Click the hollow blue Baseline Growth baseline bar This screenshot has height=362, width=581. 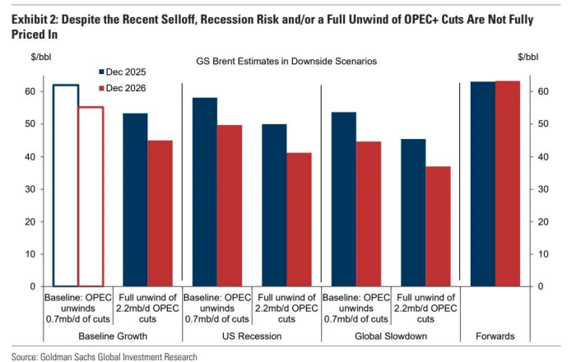point(66,185)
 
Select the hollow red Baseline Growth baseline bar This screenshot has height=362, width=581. point(91,197)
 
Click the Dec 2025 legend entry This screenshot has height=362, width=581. point(127,72)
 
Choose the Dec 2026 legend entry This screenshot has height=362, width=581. point(127,88)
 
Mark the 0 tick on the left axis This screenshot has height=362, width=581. point(31,287)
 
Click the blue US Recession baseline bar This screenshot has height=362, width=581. point(204,192)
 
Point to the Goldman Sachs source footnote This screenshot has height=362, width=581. point(105,356)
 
